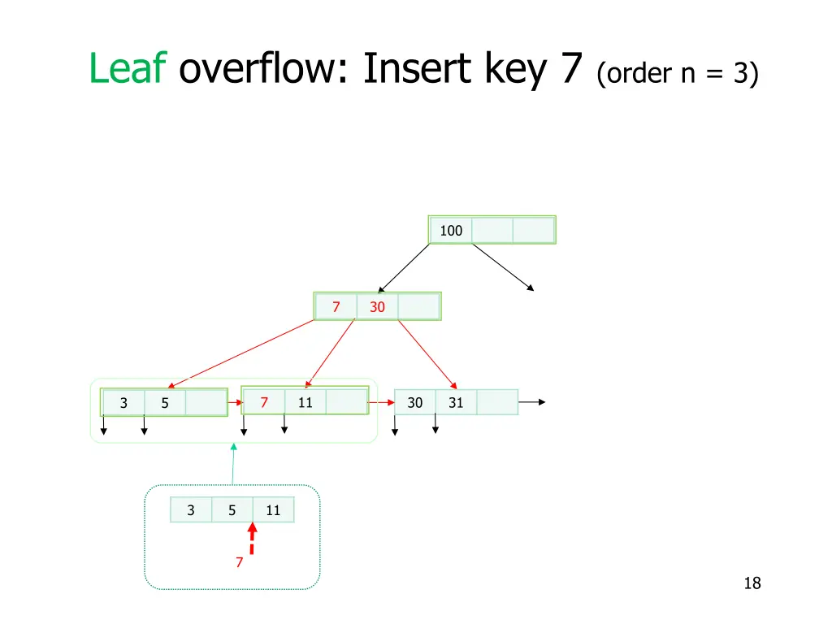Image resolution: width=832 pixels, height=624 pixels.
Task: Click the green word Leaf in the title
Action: point(128,69)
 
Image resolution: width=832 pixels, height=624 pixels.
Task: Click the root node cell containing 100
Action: point(451,230)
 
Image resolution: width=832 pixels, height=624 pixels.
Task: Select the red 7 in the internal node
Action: point(336,307)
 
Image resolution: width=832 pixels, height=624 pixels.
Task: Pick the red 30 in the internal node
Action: point(377,307)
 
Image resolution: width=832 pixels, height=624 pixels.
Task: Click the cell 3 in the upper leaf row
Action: point(123,402)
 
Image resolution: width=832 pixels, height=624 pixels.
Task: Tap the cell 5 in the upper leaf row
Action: point(165,402)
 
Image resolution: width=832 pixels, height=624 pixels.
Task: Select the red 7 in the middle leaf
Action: point(264,402)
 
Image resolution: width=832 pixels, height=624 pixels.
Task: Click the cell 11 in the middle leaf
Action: point(305,402)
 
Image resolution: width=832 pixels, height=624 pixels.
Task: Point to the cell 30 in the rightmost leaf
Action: point(414,402)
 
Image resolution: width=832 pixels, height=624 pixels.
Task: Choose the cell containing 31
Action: point(456,402)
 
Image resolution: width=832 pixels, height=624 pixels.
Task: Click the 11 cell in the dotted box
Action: point(273,510)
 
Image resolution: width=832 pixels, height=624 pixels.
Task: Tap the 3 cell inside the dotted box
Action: point(191,510)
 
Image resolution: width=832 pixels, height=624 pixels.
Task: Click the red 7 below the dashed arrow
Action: point(239,562)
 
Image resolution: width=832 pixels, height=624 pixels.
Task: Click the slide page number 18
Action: point(752,583)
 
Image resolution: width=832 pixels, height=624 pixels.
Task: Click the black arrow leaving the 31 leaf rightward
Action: point(532,401)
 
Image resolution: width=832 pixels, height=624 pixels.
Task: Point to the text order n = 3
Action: point(677,74)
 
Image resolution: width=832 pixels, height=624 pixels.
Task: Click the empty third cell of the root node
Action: point(534,230)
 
